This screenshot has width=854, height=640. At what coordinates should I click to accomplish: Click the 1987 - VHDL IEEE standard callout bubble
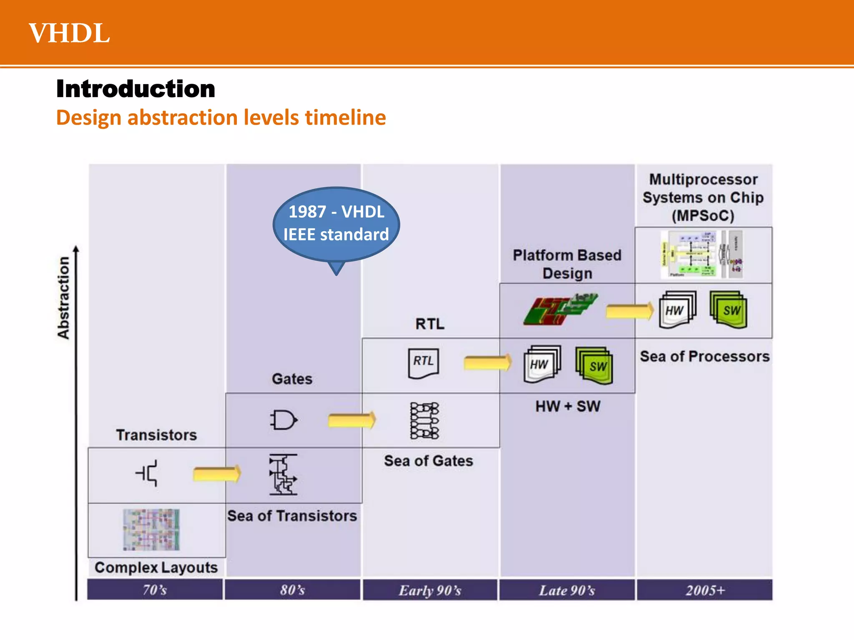[x=336, y=224]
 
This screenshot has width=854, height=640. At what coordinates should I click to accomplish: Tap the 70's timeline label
[x=155, y=590]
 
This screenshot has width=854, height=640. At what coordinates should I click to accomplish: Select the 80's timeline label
[x=292, y=590]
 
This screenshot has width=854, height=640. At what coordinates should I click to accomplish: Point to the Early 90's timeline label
[x=430, y=590]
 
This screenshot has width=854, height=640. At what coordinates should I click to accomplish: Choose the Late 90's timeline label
[x=567, y=590]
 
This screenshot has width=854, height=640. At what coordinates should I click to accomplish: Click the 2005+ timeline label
[x=705, y=590]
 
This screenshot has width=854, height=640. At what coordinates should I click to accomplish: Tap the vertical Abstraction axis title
[x=63, y=297]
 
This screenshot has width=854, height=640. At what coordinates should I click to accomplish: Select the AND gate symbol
[x=284, y=420]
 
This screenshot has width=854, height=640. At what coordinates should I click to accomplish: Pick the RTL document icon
[x=423, y=363]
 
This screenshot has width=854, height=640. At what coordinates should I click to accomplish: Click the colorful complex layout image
[x=151, y=530]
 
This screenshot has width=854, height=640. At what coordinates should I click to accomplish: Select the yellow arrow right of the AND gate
[x=352, y=420]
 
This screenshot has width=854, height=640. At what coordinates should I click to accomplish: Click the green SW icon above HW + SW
[x=594, y=365]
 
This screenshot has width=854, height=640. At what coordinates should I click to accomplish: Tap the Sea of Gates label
[x=429, y=461]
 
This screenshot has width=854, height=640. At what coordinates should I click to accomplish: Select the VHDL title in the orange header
[x=69, y=33]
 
